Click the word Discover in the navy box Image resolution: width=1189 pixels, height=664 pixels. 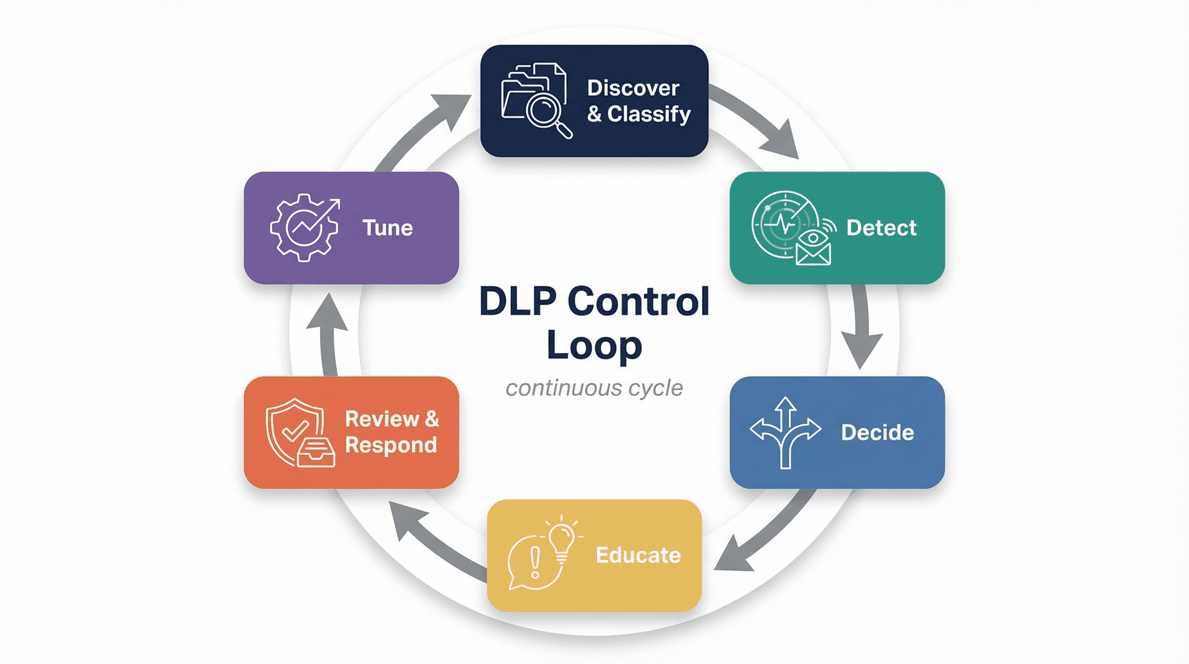(633, 88)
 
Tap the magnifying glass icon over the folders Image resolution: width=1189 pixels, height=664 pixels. (545, 111)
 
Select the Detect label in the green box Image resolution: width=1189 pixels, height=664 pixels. (881, 228)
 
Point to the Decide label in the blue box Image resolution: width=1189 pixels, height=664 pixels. (877, 432)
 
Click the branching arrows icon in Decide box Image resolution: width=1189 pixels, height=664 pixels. (785, 432)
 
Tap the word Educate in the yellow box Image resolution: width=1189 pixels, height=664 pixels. (638, 555)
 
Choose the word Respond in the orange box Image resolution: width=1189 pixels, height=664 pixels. (391, 445)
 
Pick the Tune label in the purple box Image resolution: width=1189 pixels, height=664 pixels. (387, 228)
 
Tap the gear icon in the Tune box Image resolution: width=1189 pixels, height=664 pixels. (303, 228)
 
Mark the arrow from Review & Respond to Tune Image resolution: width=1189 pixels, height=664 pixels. (329, 334)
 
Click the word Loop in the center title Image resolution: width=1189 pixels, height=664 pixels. (594, 346)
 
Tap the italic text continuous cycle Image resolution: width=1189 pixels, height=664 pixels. (594, 388)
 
